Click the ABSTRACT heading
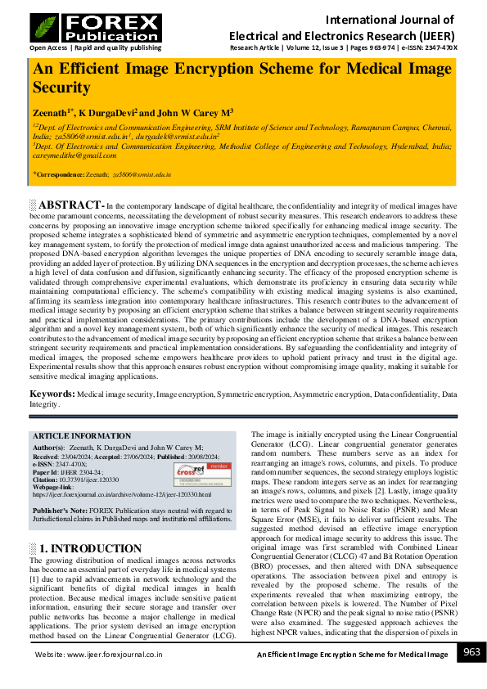(x=71, y=204)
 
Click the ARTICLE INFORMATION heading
(x=81, y=436)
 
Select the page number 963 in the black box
(x=471, y=651)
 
